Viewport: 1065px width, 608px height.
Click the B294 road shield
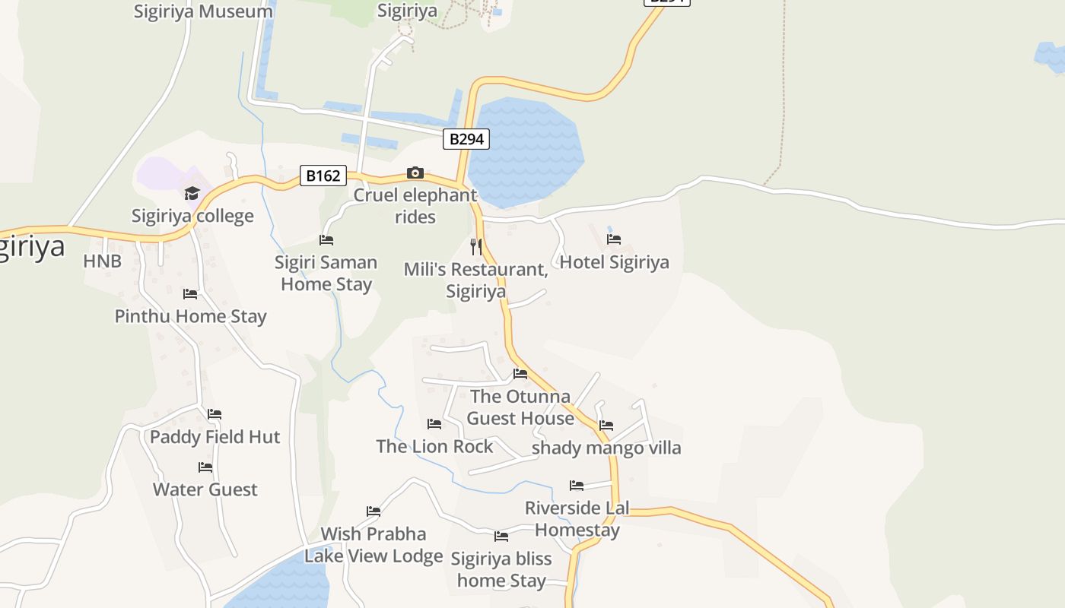(x=466, y=139)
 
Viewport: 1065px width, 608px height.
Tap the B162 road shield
(x=323, y=176)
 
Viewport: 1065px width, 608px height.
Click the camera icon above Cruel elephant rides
(x=415, y=173)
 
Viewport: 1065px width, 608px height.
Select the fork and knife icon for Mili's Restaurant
(x=476, y=246)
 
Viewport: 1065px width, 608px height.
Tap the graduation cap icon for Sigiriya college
(x=192, y=193)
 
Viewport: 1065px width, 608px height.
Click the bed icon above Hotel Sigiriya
(x=614, y=239)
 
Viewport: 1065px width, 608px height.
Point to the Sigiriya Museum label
(x=203, y=11)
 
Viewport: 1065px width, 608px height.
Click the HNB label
(x=102, y=261)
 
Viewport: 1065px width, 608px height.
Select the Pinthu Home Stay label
(x=190, y=316)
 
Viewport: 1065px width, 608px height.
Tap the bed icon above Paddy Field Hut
(x=215, y=414)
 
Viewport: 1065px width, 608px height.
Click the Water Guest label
(x=205, y=489)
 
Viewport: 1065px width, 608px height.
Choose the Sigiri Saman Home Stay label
(x=326, y=274)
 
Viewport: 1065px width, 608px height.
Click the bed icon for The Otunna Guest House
(x=520, y=374)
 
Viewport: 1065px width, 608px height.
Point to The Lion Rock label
(x=434, y=446)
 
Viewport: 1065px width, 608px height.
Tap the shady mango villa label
(x=606, y=448)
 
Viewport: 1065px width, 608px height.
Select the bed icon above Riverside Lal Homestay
(x=577, y=486)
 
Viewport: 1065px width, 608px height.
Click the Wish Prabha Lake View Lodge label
(x=374, y=545)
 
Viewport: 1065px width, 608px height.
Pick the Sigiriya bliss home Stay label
(x=501, y=570)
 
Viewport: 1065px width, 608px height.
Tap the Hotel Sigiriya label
(x=615, y=262)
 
